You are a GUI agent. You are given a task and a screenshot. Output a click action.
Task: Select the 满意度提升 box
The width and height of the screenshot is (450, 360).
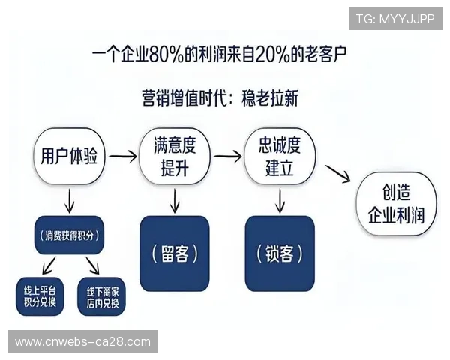click(x=174, y=157)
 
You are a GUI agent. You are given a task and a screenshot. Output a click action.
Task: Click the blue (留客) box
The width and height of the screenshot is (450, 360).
click(x=174, y=253)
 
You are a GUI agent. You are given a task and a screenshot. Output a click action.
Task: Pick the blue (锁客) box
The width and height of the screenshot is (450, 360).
click(x=279, y=253)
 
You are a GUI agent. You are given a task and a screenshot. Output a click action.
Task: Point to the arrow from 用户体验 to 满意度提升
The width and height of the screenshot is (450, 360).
click(x=121, y=157)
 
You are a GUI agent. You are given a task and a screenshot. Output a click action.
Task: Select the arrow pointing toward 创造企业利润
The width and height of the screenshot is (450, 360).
click(x=338, y=174)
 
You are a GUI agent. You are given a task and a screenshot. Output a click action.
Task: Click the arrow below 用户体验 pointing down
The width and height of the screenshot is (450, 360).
click(x=69, y=200)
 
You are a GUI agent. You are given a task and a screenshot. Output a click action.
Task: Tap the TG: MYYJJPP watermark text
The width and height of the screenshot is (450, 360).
click(x=395, y=17)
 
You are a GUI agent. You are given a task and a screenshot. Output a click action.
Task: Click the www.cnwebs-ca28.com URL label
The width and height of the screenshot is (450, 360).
click(x=83, y=342)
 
